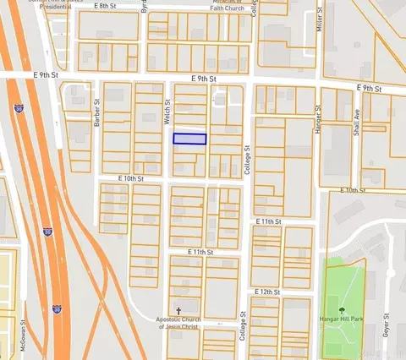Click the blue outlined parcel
point(189,139)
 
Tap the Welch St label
point(167,112)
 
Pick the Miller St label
point(320,17)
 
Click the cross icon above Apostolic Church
point(178,310)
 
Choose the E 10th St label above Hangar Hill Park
point(354,191)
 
